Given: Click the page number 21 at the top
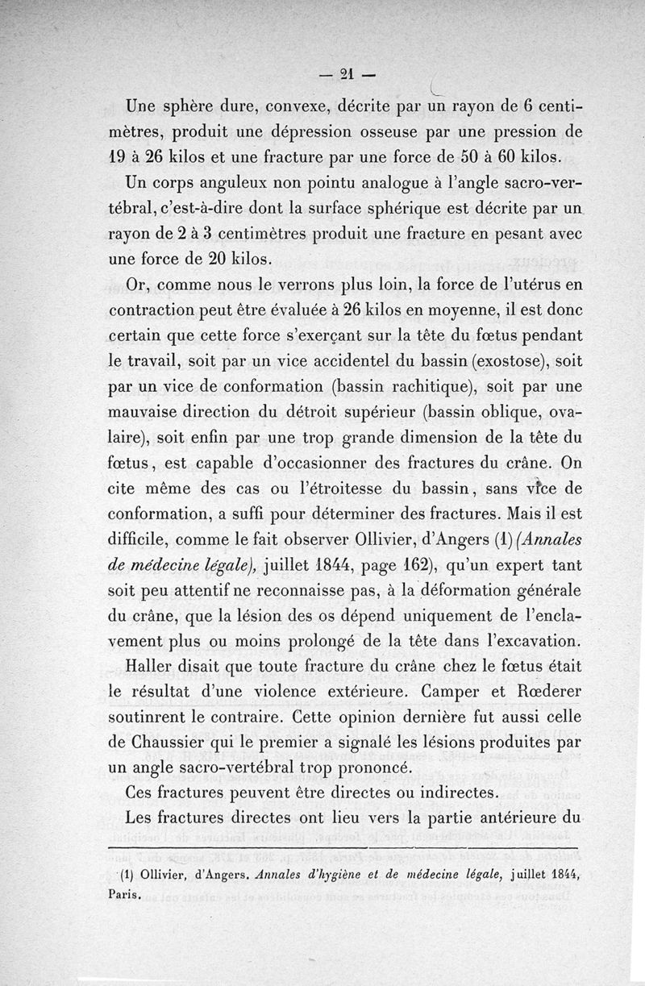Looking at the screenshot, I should [x=347, y=74].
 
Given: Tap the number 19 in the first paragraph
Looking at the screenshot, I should [x=119, y=156].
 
